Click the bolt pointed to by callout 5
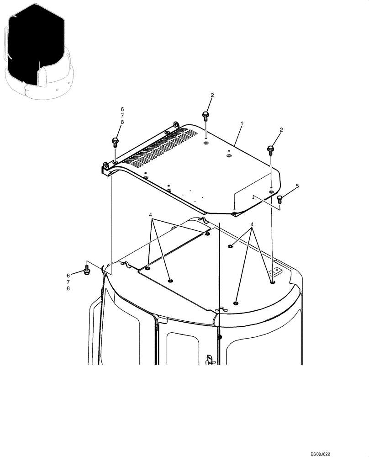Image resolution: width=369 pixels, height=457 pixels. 280,198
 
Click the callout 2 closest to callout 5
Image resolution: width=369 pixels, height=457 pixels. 281,130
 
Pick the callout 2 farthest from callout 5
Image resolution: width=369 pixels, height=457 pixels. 212,95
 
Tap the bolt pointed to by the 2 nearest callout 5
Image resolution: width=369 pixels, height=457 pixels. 271,149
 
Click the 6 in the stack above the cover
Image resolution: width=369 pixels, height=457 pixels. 122,109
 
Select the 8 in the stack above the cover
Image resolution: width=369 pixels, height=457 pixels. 122,122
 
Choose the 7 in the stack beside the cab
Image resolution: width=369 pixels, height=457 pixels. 69,282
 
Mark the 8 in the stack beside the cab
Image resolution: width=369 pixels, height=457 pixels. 69,288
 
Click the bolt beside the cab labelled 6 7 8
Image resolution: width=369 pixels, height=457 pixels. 87,270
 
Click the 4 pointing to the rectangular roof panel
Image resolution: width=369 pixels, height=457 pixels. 150,215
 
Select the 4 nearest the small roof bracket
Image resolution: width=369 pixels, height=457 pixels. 252,225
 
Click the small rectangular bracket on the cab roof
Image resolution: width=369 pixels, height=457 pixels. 276,273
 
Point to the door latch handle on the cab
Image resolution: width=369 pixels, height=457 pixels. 210,360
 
